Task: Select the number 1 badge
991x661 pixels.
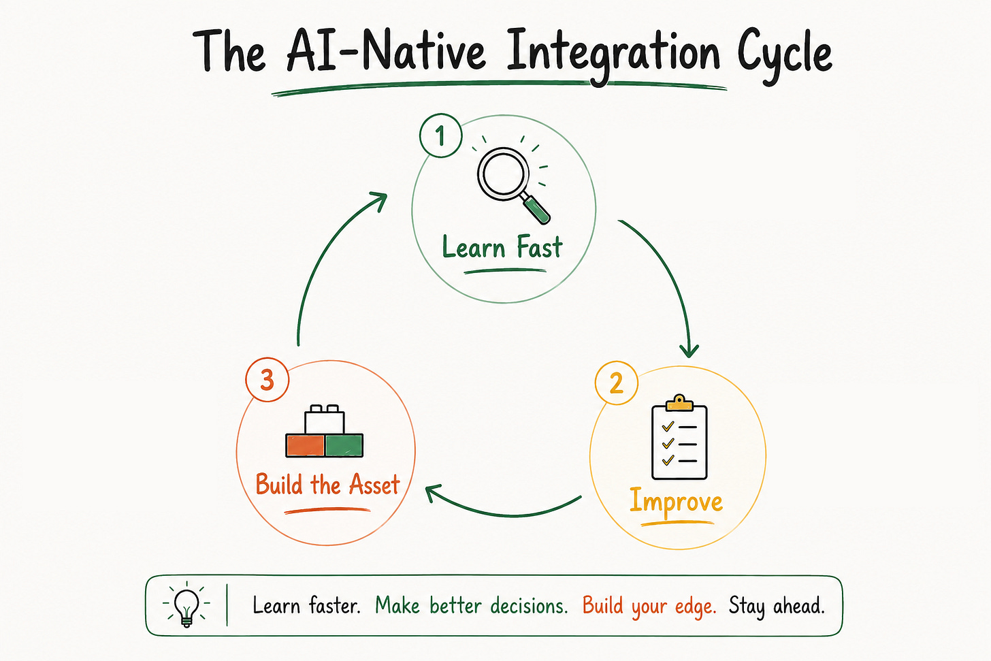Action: (x=440, y=135)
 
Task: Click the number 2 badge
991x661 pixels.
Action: (x=616, y=383)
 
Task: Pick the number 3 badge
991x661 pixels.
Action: (x=267, y=380)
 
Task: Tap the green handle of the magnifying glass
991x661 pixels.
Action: (x=537, y=210)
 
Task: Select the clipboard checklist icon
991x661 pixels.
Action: (x=679, y=437)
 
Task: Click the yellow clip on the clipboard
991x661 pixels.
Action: (x=679, y=403)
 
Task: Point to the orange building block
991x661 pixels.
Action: (x=305, y=445)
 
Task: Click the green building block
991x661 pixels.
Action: (x=344, y=445)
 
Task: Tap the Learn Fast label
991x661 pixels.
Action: (x=502, y=247)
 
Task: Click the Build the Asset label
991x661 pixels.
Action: (x=328, y=484)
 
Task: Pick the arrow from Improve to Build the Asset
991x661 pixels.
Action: (x=504, y=515)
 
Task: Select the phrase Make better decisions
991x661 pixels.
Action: (x=472, y=605)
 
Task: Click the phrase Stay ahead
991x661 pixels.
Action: (x=777, y=606)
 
